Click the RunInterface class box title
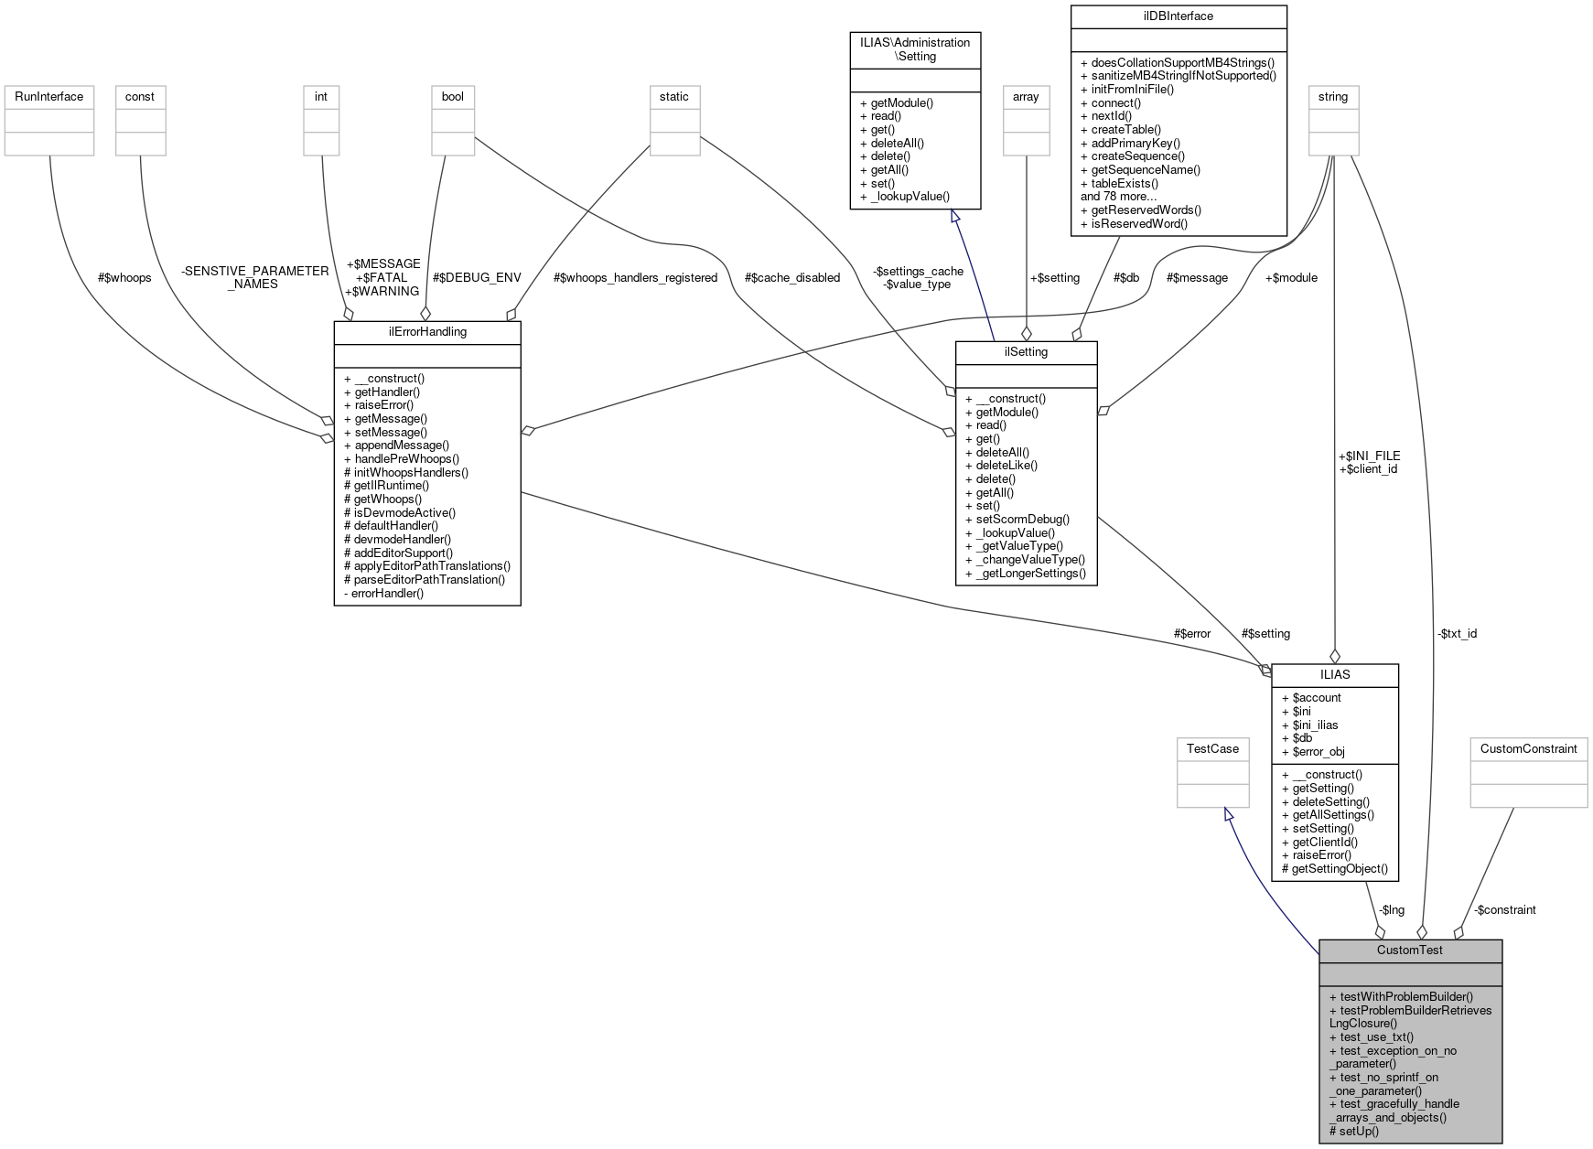(48, 97)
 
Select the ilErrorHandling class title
(427, 332)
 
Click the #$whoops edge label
(124, 277)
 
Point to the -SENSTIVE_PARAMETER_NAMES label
(254, 277)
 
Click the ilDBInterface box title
(1179, 16)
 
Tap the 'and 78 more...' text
(1118, 197)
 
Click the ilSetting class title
(1026, 352)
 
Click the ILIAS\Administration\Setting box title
(915, 49)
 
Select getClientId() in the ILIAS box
(1325, 842)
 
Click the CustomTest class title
(1410, 950)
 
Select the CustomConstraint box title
(1528, 749)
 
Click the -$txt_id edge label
(1457, 634)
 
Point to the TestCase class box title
(1212, 749)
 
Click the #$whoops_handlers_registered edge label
(635, 277)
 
